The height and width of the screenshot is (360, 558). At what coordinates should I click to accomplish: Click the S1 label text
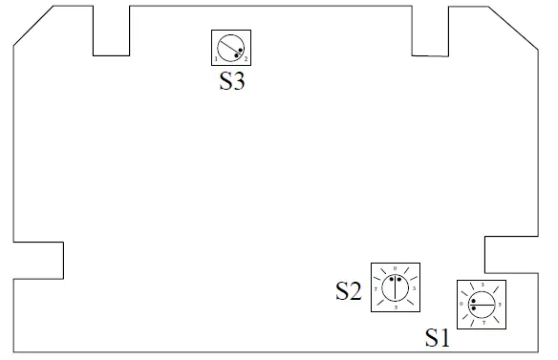coord(438,337)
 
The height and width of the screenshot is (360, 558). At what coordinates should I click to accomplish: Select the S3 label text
coord(232,82)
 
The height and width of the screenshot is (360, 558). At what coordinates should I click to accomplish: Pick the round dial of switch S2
coord(396,285)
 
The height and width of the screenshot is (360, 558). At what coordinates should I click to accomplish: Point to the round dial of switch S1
coord(483,304)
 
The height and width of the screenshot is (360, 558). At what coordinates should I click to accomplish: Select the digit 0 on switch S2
coord(396,267)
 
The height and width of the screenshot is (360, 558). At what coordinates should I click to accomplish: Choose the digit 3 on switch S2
coord(413,286)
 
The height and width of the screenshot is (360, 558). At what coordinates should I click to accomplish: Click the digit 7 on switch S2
coord(377,286)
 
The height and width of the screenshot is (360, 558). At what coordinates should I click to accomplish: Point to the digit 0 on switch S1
coord(464,305)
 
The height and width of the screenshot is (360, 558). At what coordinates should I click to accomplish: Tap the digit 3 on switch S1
coord(483,286)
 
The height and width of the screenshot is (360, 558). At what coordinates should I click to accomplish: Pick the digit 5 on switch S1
coord(501,305)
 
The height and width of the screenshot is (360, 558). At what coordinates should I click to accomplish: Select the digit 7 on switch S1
coord(483,323)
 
